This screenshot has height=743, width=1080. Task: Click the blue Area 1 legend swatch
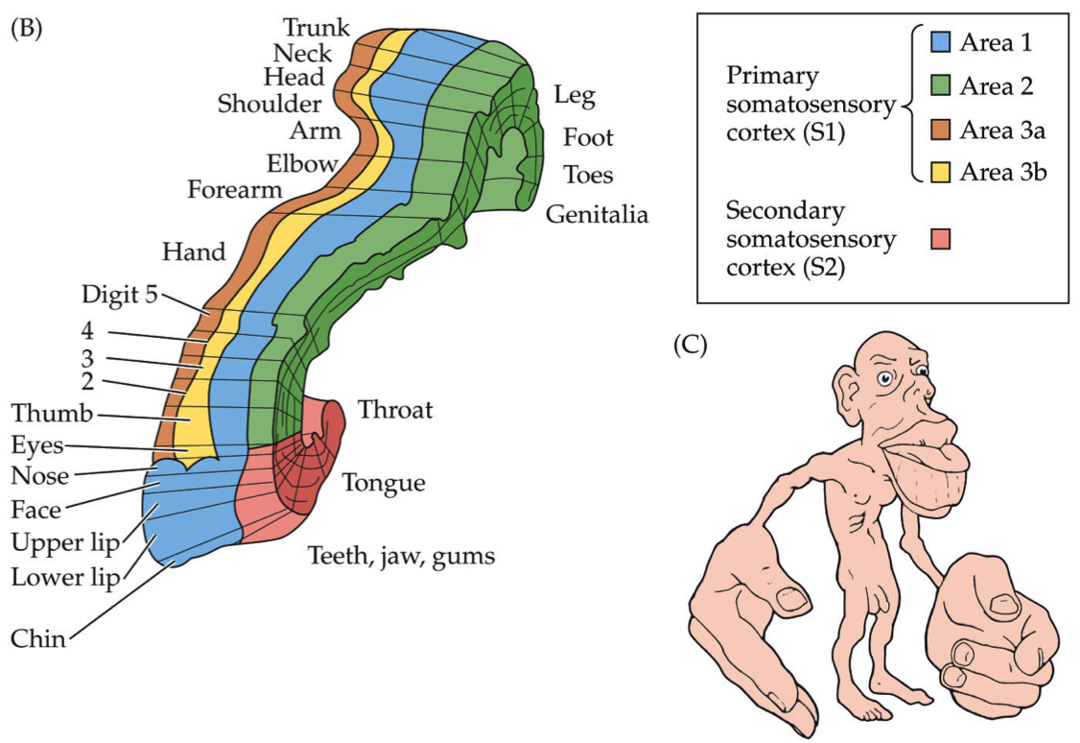point(941,42)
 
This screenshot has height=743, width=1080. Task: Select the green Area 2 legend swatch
point(941,86)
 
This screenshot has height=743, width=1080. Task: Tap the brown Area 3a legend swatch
point(941,131)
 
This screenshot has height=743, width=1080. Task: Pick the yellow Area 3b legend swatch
point(941,173)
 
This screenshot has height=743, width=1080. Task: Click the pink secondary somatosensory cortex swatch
point(941,239)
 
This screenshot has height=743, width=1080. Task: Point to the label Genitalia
point(597,214)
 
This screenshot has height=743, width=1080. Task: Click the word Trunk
point(317,28)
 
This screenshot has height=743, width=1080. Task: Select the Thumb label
point(52,414)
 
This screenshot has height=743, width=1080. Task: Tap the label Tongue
point(384,482)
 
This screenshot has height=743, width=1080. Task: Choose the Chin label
point(38,638)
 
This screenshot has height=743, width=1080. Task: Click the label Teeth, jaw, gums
point(401,555)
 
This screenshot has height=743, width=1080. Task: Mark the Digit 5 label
point(120,294)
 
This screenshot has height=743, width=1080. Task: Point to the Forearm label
point(235,189)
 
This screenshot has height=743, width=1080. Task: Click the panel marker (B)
point(26,28)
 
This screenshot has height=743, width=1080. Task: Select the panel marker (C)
point(691,345)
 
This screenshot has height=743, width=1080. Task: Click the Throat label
point(395,411)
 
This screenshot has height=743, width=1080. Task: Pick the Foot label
point(588,137)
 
